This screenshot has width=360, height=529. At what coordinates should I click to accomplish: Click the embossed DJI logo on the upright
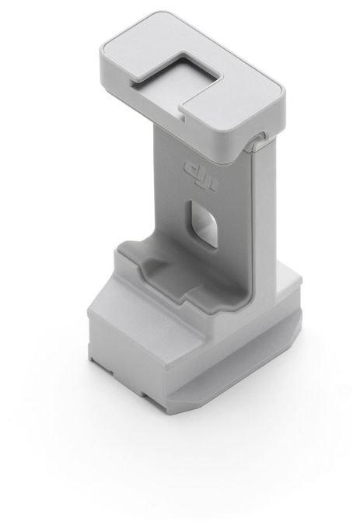201,176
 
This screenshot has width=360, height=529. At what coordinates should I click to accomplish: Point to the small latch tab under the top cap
259,141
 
